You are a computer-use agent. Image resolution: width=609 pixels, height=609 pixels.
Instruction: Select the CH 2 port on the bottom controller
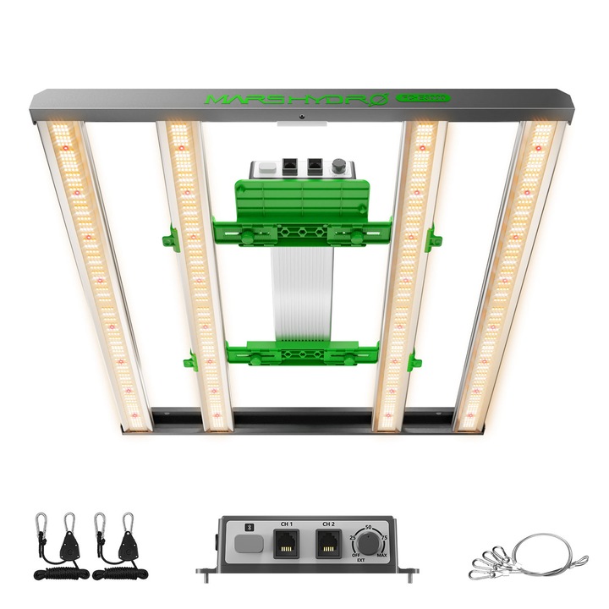coord(328,544)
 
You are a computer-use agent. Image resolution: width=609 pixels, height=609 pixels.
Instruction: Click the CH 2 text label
coord(328,524)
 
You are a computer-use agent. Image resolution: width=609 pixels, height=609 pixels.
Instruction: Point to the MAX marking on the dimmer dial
coord(382,557)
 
